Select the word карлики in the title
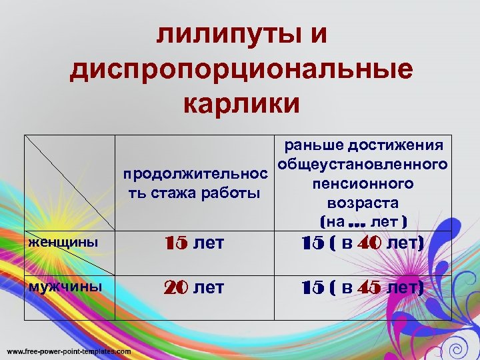(240, 103)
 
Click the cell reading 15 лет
(195, 245)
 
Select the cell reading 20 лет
(195, 288)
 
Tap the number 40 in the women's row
(369, 245)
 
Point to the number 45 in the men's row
(369, 288)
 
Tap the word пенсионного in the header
(363, 183)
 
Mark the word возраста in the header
(363, 202)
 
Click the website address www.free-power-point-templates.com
(69, 351)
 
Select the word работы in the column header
(233, 193)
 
